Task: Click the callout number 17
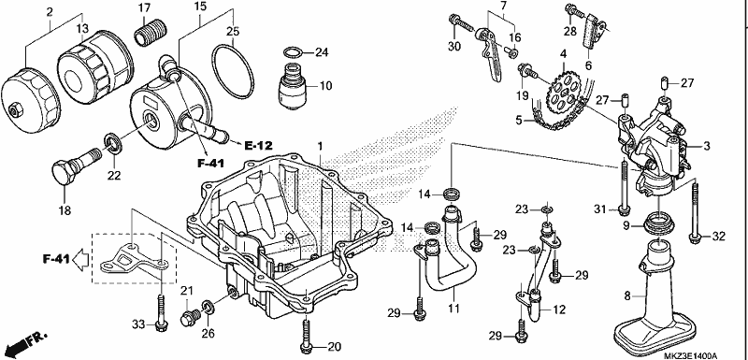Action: pos(144,7)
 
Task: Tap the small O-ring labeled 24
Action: pos(293,52)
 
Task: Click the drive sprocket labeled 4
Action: pos(564,92)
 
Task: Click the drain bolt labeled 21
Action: pos(189,318)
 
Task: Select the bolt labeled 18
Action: pos(73,165)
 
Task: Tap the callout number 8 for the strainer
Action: pos(627,295)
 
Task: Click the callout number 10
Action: pos(325,86)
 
